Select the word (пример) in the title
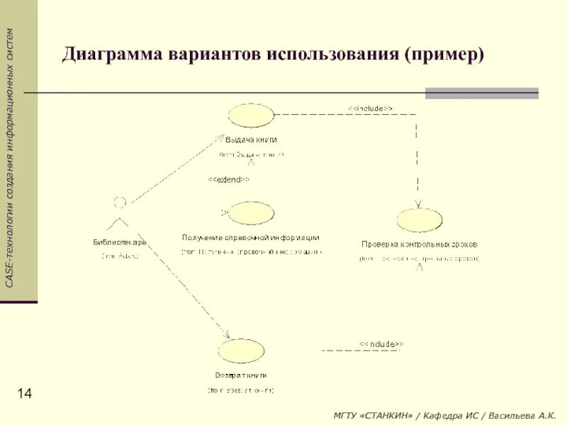[444, 55]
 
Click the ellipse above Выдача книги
[250, 115]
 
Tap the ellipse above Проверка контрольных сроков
[420, 220]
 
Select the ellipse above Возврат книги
[241, 351]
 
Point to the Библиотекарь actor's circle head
[120, 203]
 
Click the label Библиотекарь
[120, 242]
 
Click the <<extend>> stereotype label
[228, 179]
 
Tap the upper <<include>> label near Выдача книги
[371, 108]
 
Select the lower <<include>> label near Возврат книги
[381, 344]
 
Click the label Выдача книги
[251, 140]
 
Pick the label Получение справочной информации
[250, 238]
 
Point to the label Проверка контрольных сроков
[420, 244]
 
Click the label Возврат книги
[241, 375]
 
